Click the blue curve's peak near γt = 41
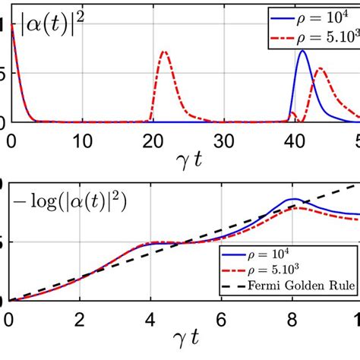[x=303, y=51]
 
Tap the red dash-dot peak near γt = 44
[x=320, y=69]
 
